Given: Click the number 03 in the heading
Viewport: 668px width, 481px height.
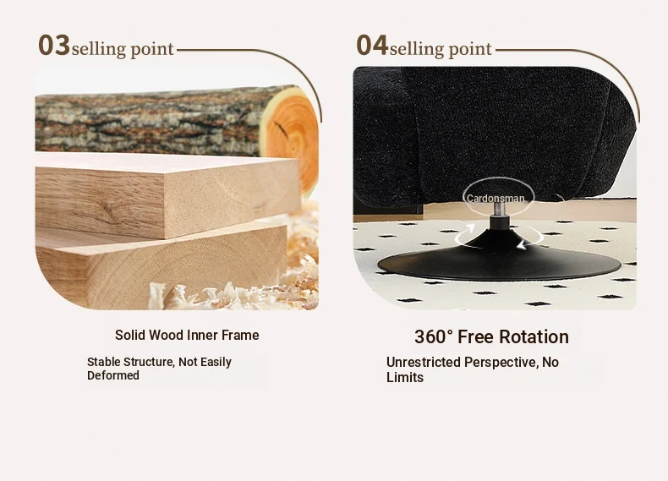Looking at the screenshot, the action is tap(54, 45).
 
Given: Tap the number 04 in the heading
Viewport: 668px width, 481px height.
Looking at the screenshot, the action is tap(372, 45).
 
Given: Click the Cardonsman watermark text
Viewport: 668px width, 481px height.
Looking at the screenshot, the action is tap(496, 199).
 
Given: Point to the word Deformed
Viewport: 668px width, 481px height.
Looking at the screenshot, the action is tap(113, 375).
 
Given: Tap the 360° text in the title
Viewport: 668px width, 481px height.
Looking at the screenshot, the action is tap(434, 337).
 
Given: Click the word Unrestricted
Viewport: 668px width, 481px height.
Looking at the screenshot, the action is tap(424, 362).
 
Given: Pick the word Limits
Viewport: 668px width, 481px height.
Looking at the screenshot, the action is tap(405, 378).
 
